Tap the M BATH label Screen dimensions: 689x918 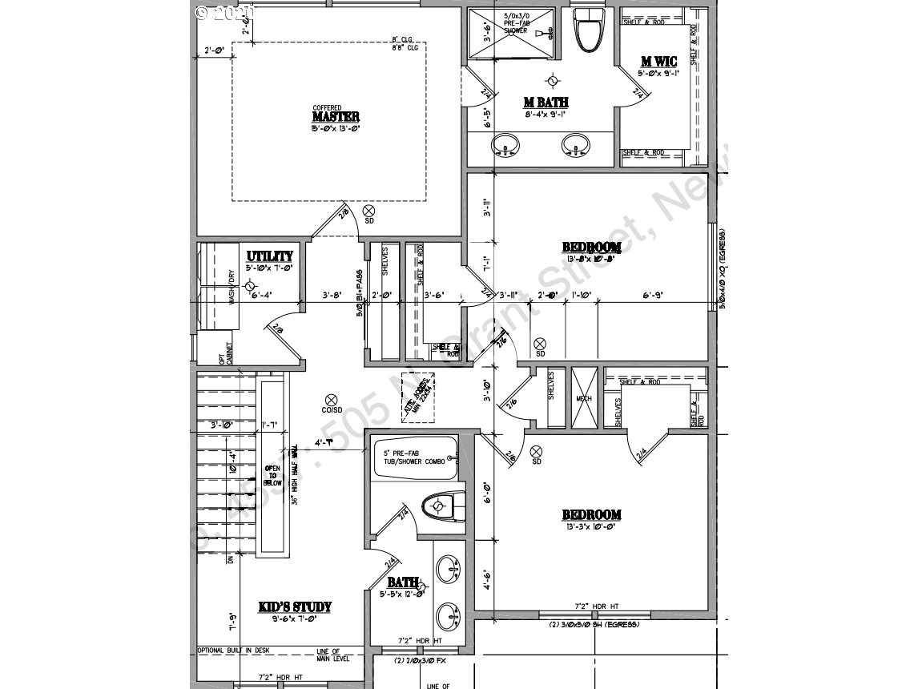pyautogui.click(x=546, y=102)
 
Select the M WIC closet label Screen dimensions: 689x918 pyautogui.click(x=658, y=62)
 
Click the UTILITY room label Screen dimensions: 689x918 pyautogui.click(x=269, y=256)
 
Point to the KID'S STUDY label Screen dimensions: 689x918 pyautogui.click(x=295, y=606)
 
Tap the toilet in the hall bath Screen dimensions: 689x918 pyautogui.click(x=441, y=506)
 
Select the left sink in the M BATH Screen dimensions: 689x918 pyautogui.click(x=505, y=145)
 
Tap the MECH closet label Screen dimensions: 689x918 pyautogui.click(x=582, y=398)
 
